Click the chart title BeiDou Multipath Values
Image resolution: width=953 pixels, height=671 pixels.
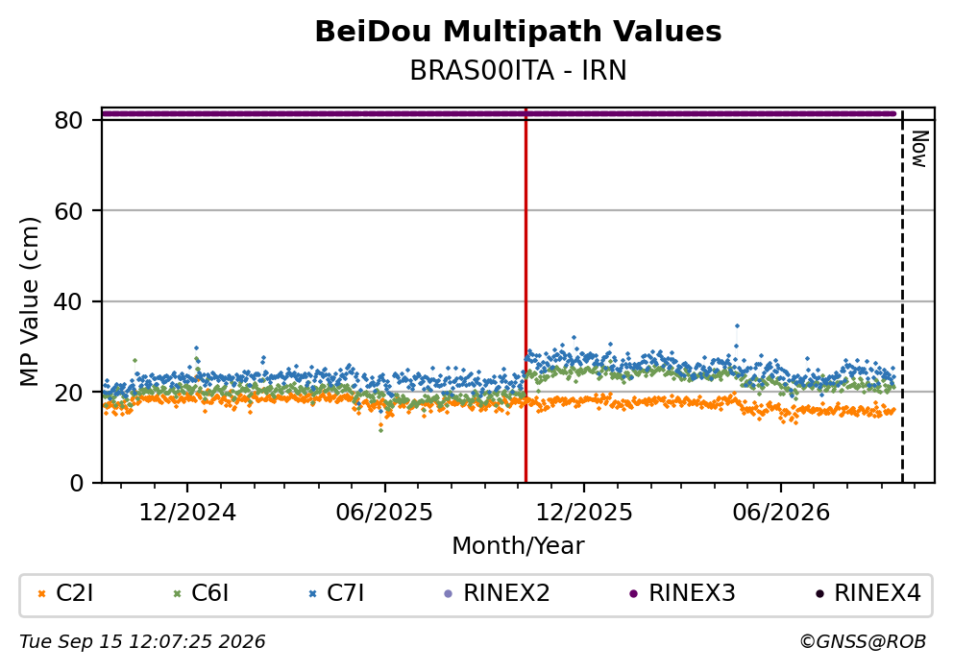click(x=518, y=32)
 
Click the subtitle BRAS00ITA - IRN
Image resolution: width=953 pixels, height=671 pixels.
click(x=518, y=71)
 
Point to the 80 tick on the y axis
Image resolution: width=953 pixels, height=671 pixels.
click(x=68, y=120)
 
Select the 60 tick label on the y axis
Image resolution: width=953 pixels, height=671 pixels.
click(x=68, y=211)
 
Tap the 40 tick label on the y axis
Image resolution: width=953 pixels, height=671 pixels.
click(x=68, y=301)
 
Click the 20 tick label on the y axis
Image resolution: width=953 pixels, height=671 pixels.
click(x=68, y=393)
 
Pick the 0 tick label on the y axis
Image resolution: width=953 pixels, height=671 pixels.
click(x=76, y=484)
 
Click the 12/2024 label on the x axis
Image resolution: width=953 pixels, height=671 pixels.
click(x=187, y=513)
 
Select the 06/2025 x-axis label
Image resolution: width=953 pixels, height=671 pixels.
click(x=384, y=513)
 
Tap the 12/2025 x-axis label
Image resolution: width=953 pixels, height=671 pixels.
click(x=583, y=513)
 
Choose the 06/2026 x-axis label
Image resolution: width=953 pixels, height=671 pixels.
click(x=781, y=513)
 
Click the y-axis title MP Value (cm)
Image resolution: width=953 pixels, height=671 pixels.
click(x=29, y=301)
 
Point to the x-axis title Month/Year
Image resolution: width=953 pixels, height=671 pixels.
click(x=518, y=546)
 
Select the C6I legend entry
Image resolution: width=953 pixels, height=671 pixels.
click(x=201, y=593)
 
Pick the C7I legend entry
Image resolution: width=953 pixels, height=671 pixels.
click(x=336, y=593)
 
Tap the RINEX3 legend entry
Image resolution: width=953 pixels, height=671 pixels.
click(x=682, y=593)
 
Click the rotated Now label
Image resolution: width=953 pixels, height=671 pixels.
click(x=920, y=150)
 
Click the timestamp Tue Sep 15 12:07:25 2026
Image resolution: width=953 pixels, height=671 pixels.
click(x=142, y=642)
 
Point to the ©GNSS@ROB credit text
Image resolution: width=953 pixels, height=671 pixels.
click(x=863, y=642)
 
